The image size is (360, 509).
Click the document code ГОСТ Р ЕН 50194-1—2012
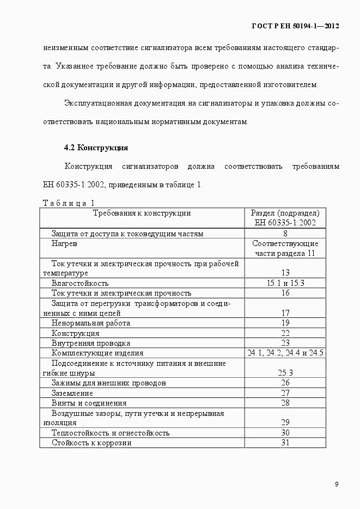[296, 26]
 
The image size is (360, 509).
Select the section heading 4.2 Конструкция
[96, 148]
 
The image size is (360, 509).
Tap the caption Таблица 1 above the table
[69, 203]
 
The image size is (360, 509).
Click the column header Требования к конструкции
[142, 213]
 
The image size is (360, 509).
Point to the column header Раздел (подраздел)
[285, 213]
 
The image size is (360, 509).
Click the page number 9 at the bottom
[337, 485]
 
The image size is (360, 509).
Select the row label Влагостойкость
[80, 283]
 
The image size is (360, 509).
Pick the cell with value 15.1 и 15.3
[285, 283]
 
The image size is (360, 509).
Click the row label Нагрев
[64, 244]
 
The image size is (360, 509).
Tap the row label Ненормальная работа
[91, 323]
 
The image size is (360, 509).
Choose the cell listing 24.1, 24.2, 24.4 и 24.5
[285, 353]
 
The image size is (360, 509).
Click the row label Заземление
[72, 393]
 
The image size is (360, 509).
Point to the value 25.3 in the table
[285, 373]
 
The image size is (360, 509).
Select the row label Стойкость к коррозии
[91, 443]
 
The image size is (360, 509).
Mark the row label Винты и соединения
[89, 403]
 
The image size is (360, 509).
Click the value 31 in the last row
[285, 443]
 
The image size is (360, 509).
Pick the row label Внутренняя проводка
[91, 343]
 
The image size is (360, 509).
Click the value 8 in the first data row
[285, 234]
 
